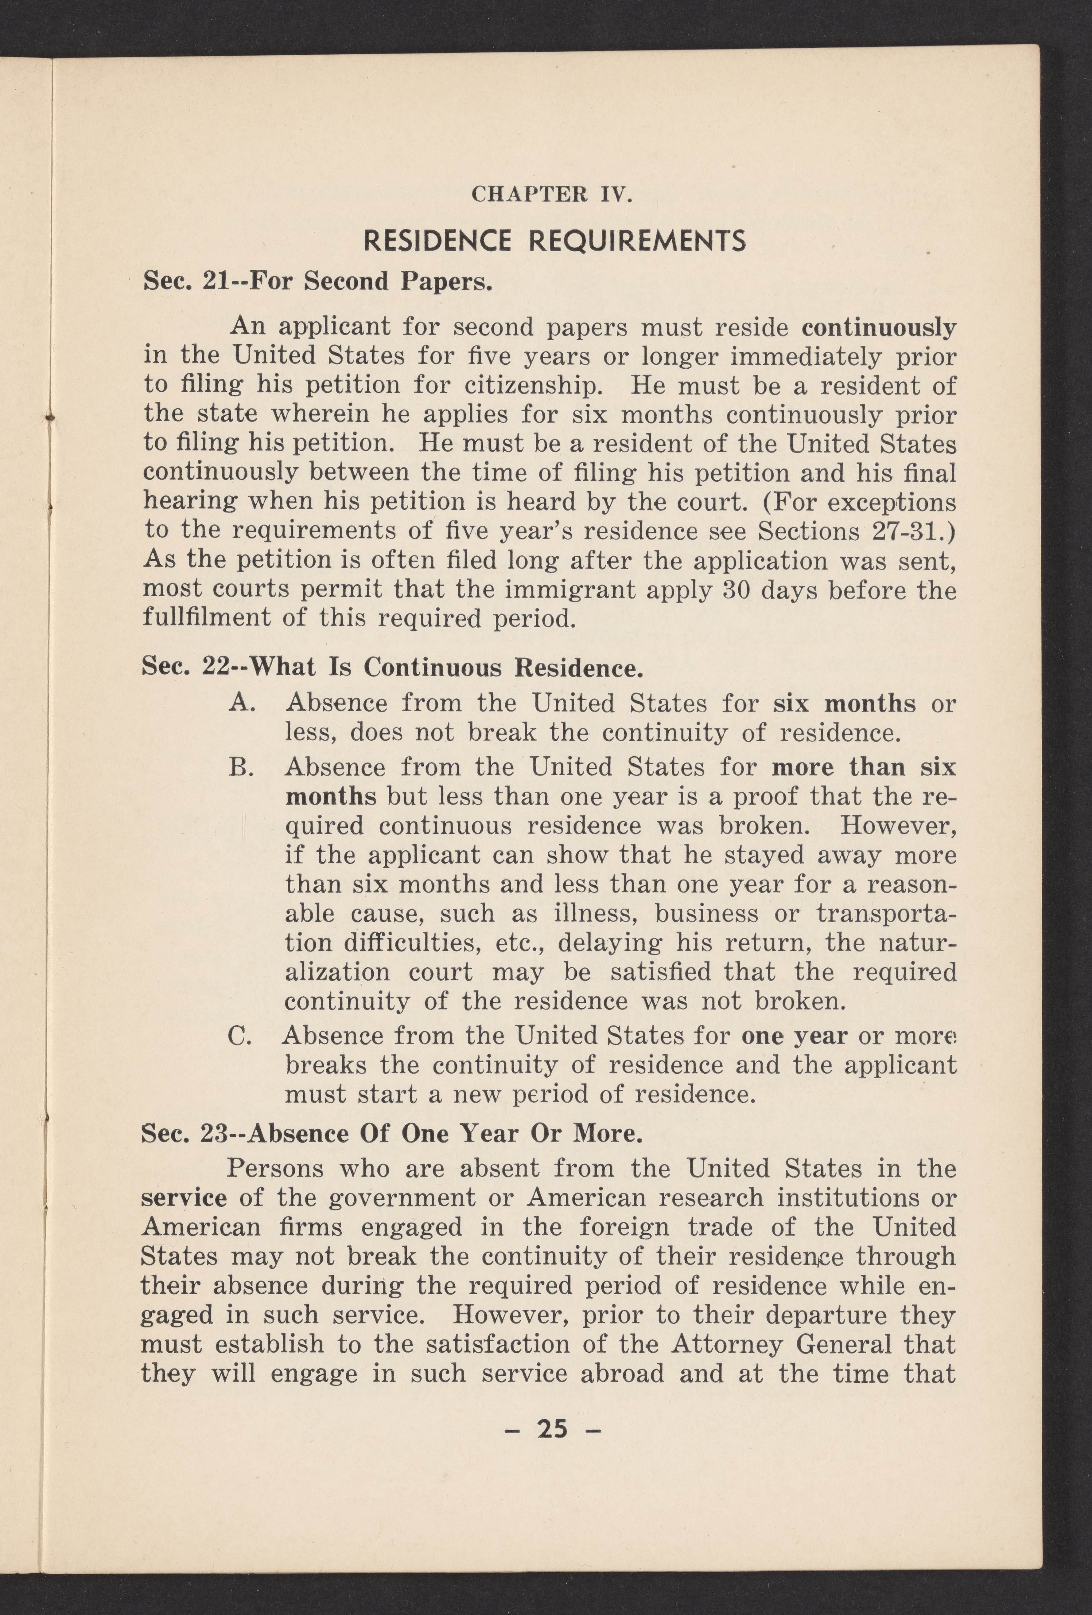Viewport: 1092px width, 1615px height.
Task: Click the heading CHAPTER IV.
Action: [x=552, y=194]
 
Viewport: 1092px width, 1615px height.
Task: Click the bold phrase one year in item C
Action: [x=794, y=1036]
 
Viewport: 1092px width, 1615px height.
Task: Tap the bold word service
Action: [x=184, y=1198]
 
